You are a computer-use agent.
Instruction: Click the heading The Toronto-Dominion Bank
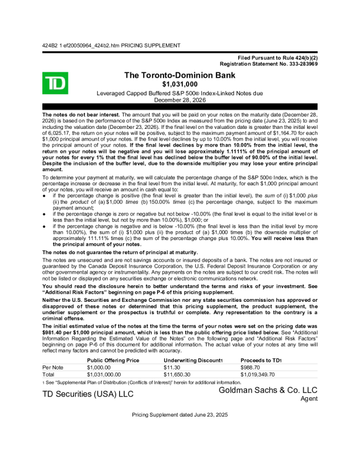(x=180, y=75)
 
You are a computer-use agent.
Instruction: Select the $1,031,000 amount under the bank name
(x=180, y=85)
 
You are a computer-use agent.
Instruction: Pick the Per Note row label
(x=53, y=367)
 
